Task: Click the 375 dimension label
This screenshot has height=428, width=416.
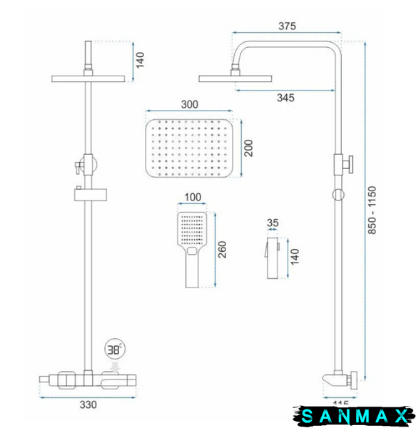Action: coord(287,26)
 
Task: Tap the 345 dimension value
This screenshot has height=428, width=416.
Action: coord(285,98)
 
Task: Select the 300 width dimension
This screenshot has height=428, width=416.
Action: coord(189,104)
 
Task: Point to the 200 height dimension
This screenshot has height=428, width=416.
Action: coord(248,148)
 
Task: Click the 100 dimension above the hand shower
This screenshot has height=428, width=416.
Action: coord(193,197)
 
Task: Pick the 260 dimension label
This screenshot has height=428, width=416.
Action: coord(222,250)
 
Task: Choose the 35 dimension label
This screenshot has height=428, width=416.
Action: coord(273,223)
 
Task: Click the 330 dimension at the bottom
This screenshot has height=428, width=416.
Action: coord(88,404)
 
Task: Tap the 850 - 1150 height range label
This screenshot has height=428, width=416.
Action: coord(372,210)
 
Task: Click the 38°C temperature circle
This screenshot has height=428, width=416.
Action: coord(115,350)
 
